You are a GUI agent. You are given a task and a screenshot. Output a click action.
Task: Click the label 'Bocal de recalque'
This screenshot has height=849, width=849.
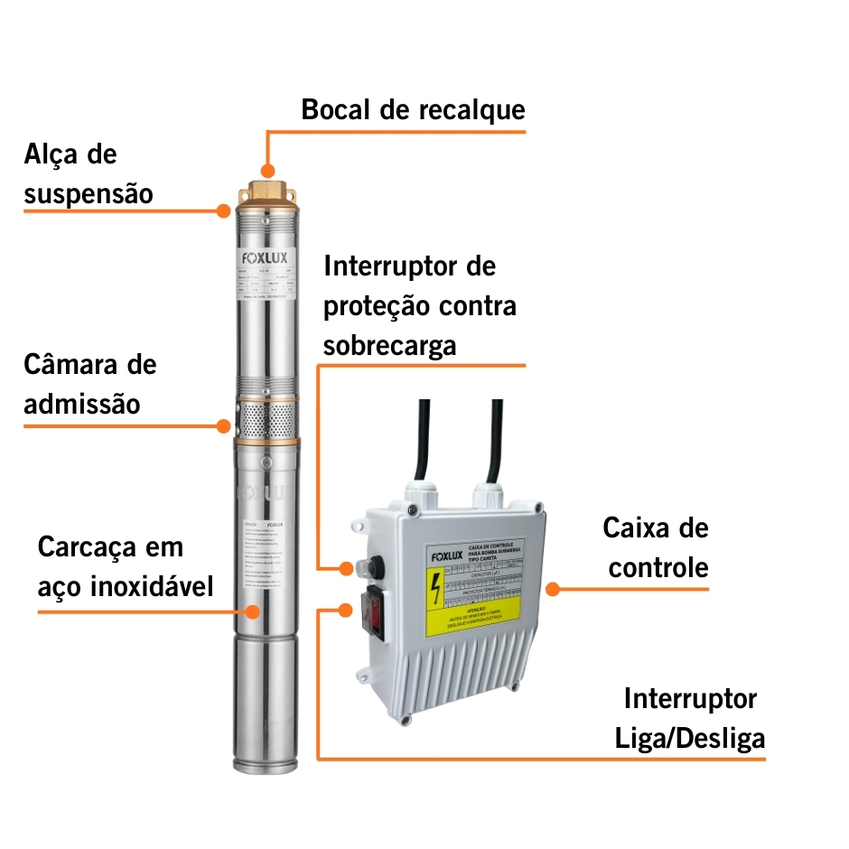pyautogui.click(x=413, y=110)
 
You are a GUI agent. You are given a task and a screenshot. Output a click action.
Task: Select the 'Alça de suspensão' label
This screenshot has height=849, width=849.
pyautogui.click(x=89, y=173)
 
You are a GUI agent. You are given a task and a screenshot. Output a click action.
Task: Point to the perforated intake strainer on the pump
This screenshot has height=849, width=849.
pyautogui.click(x=267, y=421)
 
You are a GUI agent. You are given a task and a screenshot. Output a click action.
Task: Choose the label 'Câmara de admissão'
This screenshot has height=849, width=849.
pyautogui.click(x=89, y=384)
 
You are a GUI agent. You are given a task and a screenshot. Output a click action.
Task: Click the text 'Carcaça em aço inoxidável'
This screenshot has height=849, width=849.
pyautogui.click(x=126, y=567)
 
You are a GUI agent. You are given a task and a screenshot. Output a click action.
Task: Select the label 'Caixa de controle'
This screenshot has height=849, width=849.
pyautogui.click(x=657, y=547)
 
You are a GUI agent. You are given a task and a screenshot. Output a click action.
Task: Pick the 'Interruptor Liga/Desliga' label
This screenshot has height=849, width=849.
pyautogui.click(x=690, y=718)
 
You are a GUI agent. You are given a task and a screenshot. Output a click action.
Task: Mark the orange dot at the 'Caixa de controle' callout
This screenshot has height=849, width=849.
pyautogui.click(x=553, y=588)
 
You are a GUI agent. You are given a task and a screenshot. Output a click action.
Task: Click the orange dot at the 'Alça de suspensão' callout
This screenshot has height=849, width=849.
pyautogui.click(x=224, y=210)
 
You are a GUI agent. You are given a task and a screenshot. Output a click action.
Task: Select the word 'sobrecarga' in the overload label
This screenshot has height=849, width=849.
pyautogui.click(x=389, y=346)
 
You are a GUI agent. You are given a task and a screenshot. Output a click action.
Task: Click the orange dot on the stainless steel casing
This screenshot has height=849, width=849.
pyautogui.click(x=253, y=611)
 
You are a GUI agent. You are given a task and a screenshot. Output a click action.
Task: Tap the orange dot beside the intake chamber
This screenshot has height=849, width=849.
pyautogui.click(x=224, y=424)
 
